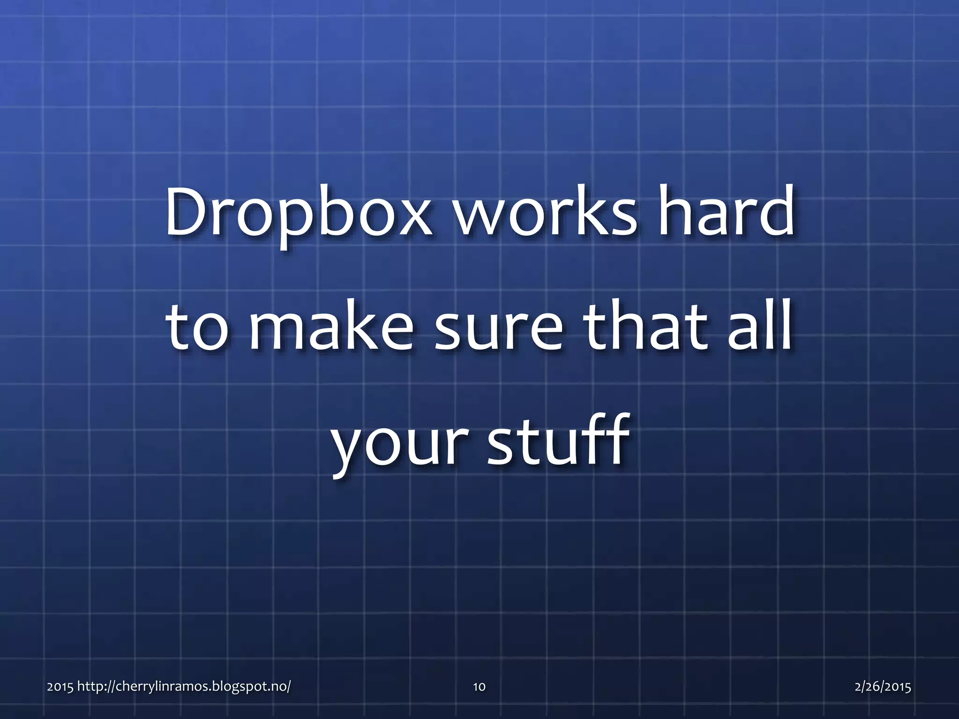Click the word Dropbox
[x=298, y=213]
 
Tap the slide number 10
[x=479, y=687]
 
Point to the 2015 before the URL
[x=60, y=687]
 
